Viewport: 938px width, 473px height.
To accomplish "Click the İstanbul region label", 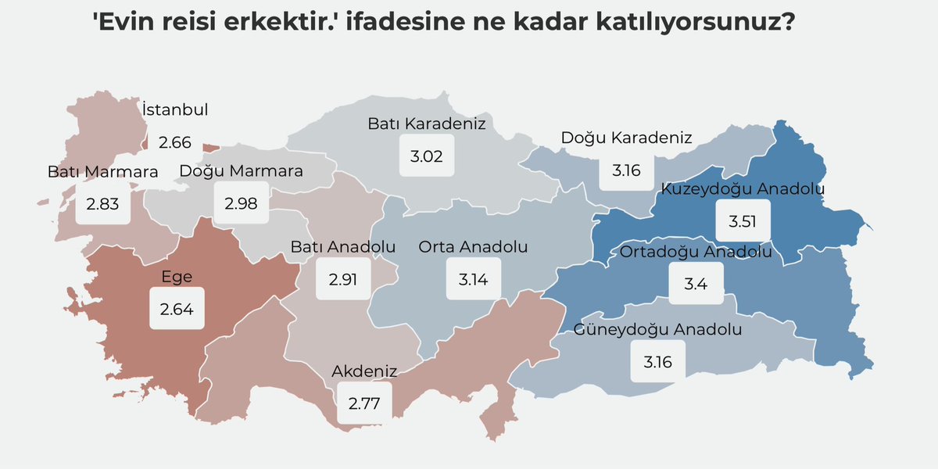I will tap(175, 110).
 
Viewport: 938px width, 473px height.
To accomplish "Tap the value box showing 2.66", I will tap(174, 142).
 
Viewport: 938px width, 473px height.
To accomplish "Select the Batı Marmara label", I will tap(102, 171).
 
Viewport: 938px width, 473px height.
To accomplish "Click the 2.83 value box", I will tap(102, 203).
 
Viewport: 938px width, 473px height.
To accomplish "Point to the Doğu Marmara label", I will tap(241, 171).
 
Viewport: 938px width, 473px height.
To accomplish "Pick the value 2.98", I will tap(241, 203).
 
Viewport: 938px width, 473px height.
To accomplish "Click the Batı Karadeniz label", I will tap(427, 124).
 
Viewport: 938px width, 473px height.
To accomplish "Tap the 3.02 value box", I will tap(427, 156).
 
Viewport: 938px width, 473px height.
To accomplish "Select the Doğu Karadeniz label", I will tap(627, 138).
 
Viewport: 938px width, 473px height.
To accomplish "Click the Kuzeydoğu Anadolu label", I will tap(743, 188).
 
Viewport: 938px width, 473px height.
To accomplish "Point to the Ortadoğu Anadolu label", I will tap(696, 252).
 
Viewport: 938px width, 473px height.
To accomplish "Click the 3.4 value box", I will tap(696, 284).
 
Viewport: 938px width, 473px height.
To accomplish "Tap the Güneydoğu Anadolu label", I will tap(658, 329).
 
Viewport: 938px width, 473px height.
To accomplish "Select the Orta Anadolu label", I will tap(473, 247).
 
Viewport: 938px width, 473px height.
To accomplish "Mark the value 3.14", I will tap(473, 279).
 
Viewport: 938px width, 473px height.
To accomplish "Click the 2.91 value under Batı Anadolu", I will tap(342, 279).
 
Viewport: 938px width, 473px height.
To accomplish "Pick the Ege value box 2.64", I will tap(177, 309).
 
